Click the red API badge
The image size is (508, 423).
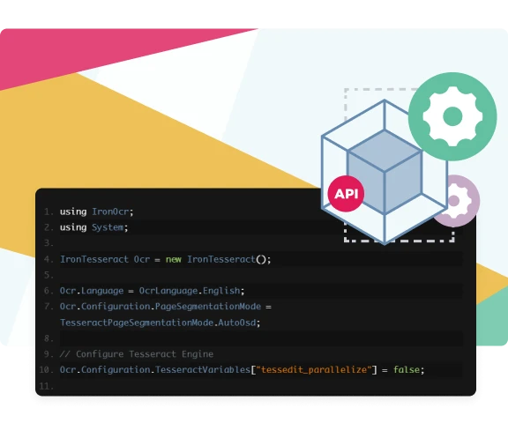click(346, 194)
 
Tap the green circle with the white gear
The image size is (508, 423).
click(452, 116)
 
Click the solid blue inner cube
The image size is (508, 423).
click(385, 172)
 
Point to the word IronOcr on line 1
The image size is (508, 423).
click(110, 211)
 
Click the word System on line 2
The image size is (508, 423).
click(108, 227)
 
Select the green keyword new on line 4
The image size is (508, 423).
click(174, 259)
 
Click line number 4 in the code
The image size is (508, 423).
click(49, 259)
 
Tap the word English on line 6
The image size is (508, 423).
click(221, 291)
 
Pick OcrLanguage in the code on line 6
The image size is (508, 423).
click(168, 291)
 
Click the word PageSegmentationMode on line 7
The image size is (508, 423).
click(208, 307)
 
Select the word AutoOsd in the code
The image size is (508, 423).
click(237, 323)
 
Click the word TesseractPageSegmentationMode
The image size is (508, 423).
click(137, 323)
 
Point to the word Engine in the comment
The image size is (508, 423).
click(198, 354)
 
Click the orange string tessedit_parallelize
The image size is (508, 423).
click(314, 369)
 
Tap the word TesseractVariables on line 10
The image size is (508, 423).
click(203, 369)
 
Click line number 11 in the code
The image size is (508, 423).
click(46, 386)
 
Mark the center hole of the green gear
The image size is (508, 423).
click(452, 116)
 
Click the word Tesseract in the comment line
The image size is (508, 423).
click(153, 354)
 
